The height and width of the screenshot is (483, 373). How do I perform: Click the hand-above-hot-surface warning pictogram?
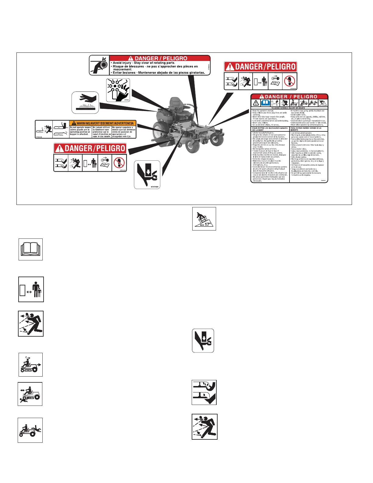85,102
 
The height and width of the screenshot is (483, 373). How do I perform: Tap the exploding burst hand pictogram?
118,90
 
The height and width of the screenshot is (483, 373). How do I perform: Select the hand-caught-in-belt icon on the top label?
99,65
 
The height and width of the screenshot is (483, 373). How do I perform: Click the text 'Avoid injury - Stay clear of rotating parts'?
144,63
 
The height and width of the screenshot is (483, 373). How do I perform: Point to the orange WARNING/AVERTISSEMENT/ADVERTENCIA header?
103,123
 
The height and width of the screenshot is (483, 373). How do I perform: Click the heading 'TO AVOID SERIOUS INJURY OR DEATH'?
288,108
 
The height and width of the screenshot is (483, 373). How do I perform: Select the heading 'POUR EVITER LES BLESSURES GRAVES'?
270,128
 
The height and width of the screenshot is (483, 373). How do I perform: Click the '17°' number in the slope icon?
208,224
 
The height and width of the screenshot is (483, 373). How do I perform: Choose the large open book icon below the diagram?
30,249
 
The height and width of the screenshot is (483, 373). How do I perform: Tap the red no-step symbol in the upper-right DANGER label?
289,81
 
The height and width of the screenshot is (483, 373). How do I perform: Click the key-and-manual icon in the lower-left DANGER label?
105,163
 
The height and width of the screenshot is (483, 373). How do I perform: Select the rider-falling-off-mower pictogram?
30,430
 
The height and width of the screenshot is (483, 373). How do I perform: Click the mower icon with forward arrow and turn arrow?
30,365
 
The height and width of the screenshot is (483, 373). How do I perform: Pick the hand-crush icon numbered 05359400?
147,175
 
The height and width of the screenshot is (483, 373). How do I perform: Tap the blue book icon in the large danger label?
265,103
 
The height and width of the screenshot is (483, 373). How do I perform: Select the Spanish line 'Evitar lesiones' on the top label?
158,73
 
